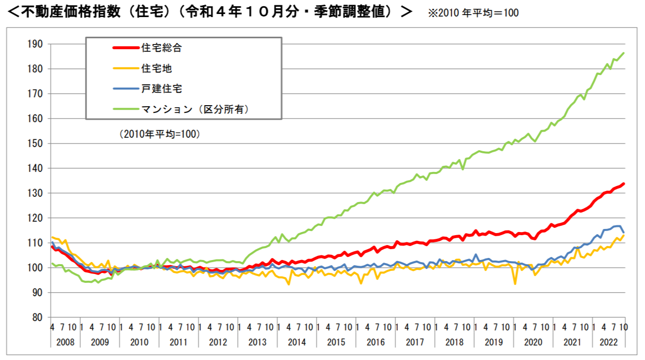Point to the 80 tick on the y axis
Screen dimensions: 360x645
click(36, 318)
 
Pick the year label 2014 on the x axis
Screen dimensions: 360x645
click(297, 342)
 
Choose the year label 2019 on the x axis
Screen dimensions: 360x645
click(494, 342)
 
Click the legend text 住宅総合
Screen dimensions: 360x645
click(162, 48)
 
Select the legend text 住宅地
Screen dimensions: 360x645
click(156, 68)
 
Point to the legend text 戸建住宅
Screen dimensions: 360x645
click(162, 89)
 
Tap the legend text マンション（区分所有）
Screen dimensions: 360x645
click(196, 109)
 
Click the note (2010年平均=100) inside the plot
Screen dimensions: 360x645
click(160, 134)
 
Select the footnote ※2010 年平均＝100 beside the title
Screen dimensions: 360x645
click(473, 13)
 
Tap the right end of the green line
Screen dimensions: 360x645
click(624, 53)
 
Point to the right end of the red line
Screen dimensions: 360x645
click(624, 183)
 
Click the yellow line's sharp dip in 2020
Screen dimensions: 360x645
click(515, 284)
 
